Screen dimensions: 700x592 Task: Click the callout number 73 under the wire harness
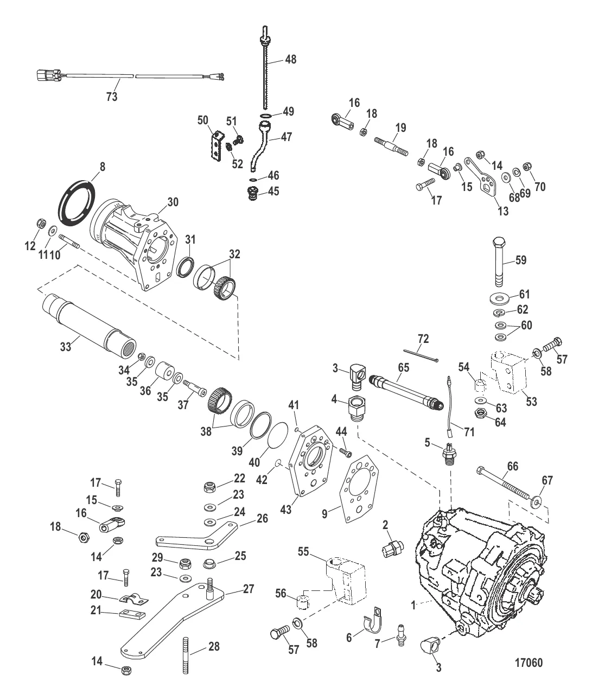tap(112, 97)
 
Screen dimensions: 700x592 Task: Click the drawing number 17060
tap(527, 663)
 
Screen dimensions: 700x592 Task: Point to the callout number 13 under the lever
tap(503, 212)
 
